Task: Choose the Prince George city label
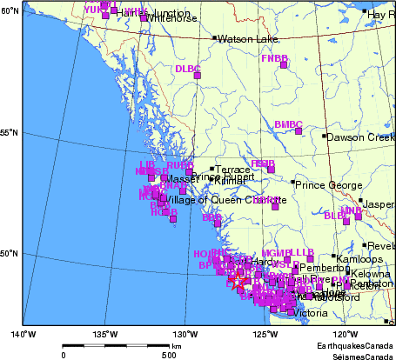coord(326,184)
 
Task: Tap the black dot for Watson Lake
coord(215,38)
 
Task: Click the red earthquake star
coord(236,282)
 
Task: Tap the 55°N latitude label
coord(10,132)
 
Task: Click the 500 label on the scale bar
coord(169,355)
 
